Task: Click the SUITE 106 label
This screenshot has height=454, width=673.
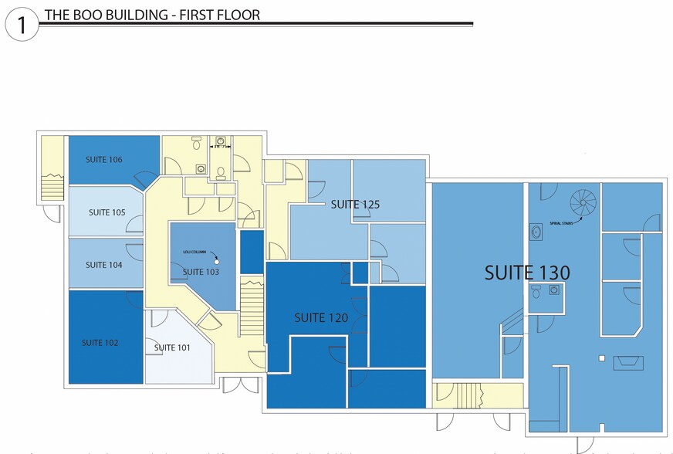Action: pos(104,160)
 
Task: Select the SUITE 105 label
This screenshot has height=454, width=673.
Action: pos(107,212)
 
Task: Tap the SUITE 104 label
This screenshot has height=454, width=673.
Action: pos(104,265)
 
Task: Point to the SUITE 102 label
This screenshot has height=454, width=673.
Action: pos(100,343)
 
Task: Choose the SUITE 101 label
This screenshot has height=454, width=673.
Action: pos(171,347)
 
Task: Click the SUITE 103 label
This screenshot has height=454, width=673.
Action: pos(201,272)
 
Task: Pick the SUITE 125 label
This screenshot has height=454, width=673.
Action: pos(355,205)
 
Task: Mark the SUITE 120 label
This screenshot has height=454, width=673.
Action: pos(321,317)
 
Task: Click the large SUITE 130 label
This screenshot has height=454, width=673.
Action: pos(527,273)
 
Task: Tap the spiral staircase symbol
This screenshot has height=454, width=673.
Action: pos(583,203)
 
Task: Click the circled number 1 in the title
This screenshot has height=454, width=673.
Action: pos(22,25)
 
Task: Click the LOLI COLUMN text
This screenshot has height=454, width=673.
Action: pos(194,252)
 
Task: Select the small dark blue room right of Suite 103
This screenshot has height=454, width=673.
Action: pos(252,252)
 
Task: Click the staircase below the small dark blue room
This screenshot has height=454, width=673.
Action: pos(252,307)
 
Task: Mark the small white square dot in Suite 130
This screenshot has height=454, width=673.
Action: pos(601,357)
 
